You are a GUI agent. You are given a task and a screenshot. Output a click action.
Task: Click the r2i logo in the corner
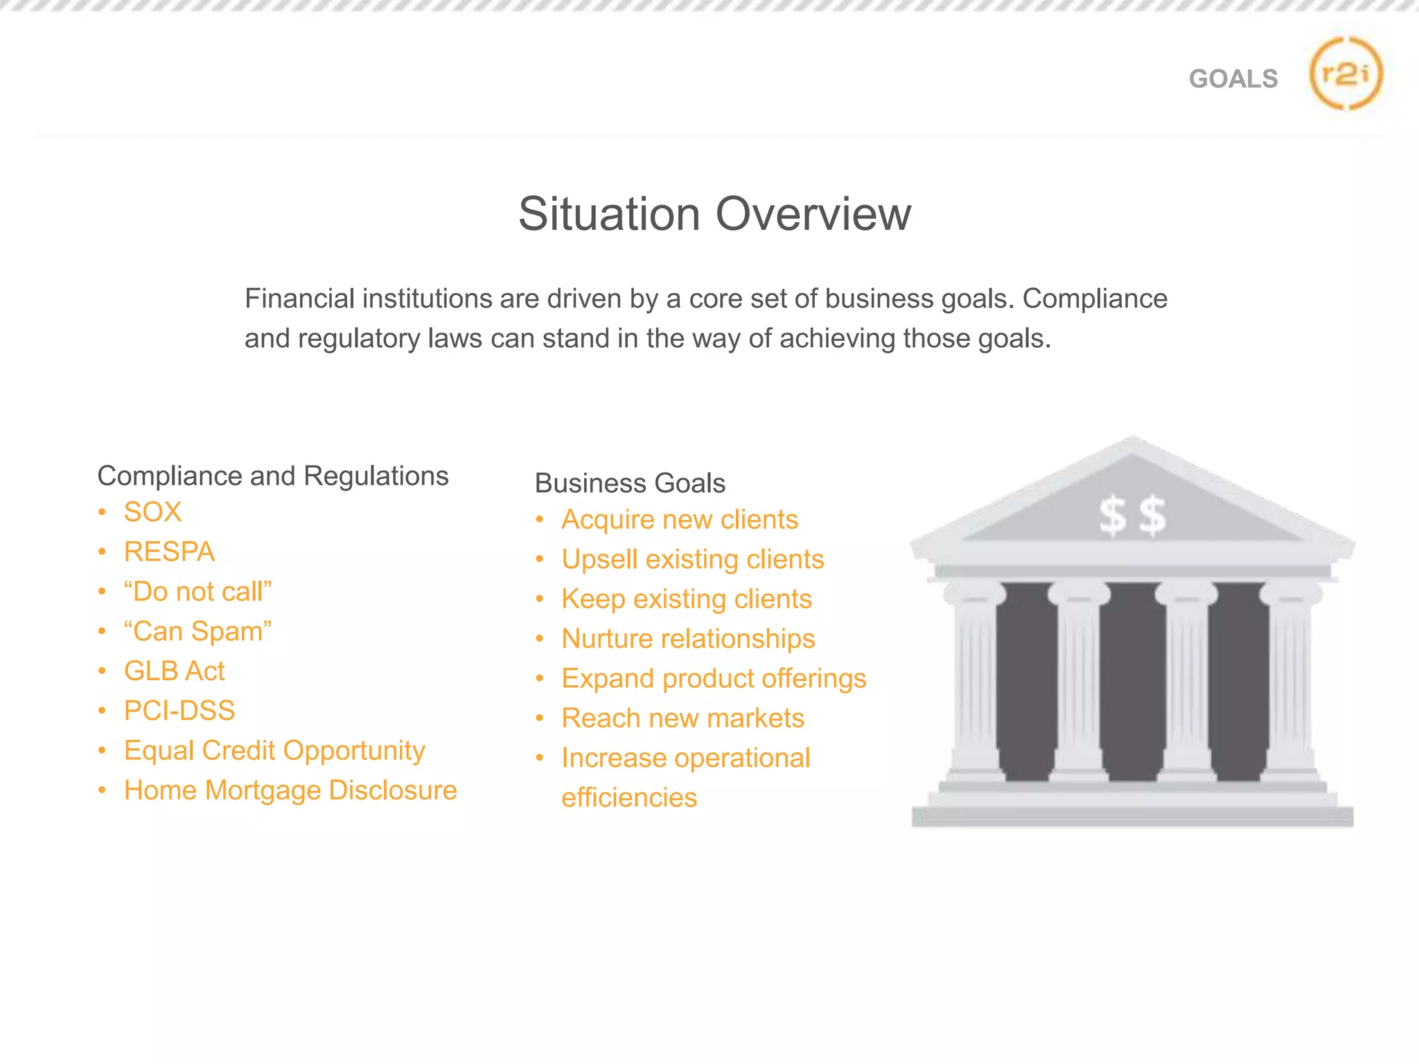[x=1346, y=73]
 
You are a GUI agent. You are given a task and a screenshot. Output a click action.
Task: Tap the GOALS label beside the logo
[x=1233, y=79]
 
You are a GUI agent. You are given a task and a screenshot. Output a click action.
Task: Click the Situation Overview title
[x=714, y=213]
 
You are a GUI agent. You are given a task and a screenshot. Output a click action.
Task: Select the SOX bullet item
[x=152, y=513]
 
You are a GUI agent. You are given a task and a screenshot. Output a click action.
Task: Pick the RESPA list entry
[x=169, y=552]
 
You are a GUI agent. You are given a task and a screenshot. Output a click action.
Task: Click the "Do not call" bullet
[x=197, y=592]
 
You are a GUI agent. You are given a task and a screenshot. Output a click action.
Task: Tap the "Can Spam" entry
[x=197, y=631]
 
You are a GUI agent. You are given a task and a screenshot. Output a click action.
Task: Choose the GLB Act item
[x=174, y=671]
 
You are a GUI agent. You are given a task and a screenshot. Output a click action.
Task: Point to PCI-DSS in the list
[x=179, y=711]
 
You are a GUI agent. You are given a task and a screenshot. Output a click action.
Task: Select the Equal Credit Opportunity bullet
[x=274, y=751]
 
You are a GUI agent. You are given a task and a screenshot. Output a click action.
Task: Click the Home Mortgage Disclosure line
[x=290, y=790]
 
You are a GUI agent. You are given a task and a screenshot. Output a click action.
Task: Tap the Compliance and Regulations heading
[x=273, y=476]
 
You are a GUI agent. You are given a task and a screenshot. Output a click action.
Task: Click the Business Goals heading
[x=630, y=483]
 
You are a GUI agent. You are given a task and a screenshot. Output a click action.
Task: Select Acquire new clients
[x=680, y=520]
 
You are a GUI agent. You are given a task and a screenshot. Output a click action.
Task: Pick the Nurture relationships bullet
[x=688, y=639]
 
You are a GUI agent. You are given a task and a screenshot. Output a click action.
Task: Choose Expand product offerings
[x=714, y=679]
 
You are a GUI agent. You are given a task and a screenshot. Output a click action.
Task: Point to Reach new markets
[x=682, y=718]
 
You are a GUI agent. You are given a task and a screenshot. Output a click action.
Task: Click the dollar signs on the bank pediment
[x=1132, y=516]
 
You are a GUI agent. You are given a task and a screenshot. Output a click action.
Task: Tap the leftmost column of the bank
[x=975, y=682]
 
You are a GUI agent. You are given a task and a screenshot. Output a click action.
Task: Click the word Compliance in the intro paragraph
[x=1095, y=299]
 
